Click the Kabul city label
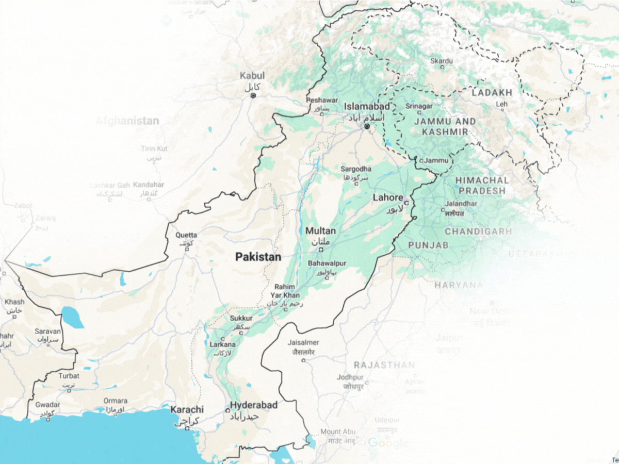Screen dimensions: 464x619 click(252, 76)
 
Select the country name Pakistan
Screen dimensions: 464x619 click(258, 257)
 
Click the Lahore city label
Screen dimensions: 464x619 click(387, 197)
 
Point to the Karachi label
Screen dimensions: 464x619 click(187, 409)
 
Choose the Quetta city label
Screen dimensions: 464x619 click(186, 235)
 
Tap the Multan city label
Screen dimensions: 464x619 click(320, 231)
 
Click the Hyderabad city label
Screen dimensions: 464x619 click(253, 405)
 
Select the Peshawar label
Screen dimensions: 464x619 click(322, 100)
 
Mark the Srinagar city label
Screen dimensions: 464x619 click(419, 106)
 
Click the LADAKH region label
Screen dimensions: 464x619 click(492, 93)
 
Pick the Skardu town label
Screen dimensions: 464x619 click(442, 61)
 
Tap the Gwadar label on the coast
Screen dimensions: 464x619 click(47, 405)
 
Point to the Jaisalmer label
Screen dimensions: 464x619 click(303, 342)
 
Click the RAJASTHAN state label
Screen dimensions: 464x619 click(384, 365)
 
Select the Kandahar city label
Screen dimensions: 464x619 click(149, 185)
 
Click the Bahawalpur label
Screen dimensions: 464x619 click(327, 263)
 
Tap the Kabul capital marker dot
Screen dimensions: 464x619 click(253, 96)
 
